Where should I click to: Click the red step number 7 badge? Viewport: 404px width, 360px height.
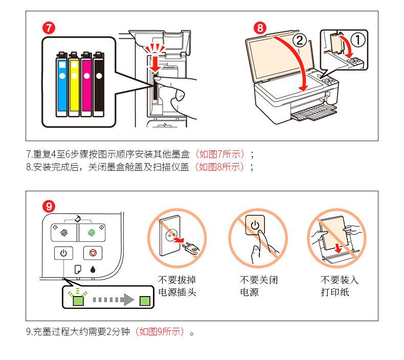coord(49,28)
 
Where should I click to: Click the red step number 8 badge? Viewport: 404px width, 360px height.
coord(260,28)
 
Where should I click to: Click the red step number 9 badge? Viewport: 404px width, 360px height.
coord(49,206)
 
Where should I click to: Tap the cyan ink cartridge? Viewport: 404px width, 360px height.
coord(62,84)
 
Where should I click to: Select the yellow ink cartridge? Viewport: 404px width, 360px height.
coord(74,84)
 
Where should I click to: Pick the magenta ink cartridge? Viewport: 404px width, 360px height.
coord(86,84)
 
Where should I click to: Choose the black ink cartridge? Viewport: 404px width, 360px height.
coord(99,84)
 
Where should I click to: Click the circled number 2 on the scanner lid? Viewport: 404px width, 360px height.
coord(299,41)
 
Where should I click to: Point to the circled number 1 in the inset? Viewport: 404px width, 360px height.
coord(358,39)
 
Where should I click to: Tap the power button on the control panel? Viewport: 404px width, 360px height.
coord(63,253)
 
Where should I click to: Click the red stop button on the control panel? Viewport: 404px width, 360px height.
coord(93,253)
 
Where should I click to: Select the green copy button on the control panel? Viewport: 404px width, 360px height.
coord(92,233)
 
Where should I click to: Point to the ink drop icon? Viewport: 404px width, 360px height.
coord(93,269)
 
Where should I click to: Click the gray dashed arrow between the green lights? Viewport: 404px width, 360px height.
coord(114,300)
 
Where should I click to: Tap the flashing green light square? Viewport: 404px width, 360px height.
coord(78,301)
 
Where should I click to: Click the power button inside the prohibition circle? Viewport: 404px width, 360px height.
coord(255,225)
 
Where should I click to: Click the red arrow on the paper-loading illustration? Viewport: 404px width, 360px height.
coord(338,249)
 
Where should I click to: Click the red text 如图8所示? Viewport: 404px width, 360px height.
coord(219,167)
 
